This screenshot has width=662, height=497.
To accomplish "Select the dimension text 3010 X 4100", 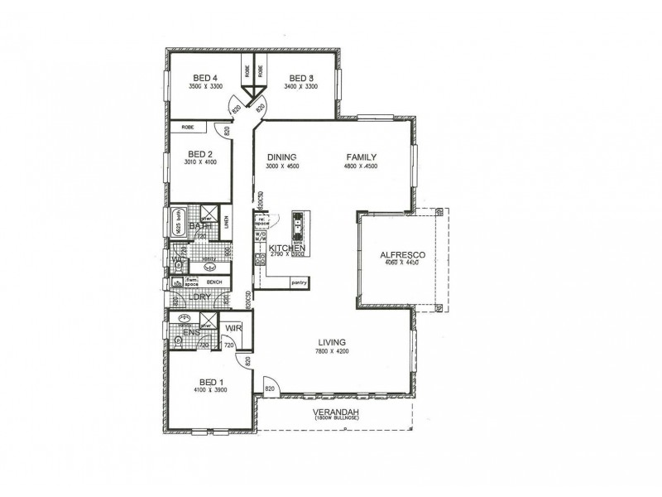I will pyautogui.click(x=201, y=162).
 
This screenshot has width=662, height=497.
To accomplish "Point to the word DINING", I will pyautogui.click(x=281, y=157).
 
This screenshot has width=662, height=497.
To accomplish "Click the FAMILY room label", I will pyautogui.click(x=362, y=157).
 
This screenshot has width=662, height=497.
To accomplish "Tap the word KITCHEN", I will pyautogui.click(x=287, y=248).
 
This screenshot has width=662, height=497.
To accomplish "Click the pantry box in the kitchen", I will pyautogui.click(x=299, y=282).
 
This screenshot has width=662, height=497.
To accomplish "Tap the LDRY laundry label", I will pyautogui.click(x=199, y=297).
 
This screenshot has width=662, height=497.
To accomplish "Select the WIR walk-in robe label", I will pyautogui.click(x=233, y=329).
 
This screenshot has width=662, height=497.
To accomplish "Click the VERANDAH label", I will pyautogui.click(x=334, y=413).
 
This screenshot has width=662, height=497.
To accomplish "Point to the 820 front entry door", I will pyautogui.click(x=270, y=388).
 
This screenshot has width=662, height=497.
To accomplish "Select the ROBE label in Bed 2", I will pyautogui.click(x=188, y=128).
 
